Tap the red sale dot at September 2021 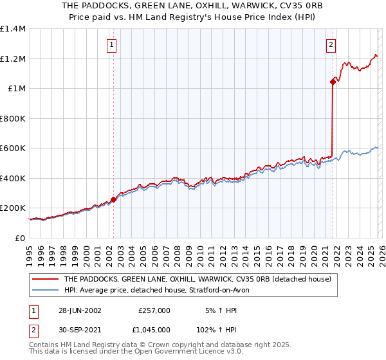tap(333, 82)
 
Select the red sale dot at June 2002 tap(114, 200)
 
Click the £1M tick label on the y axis tap(17, 89)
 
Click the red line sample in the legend tap(46, 280)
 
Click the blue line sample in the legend tap(46, 290)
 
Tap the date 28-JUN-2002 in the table tap(80, 310)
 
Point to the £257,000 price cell tap(154, 310)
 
